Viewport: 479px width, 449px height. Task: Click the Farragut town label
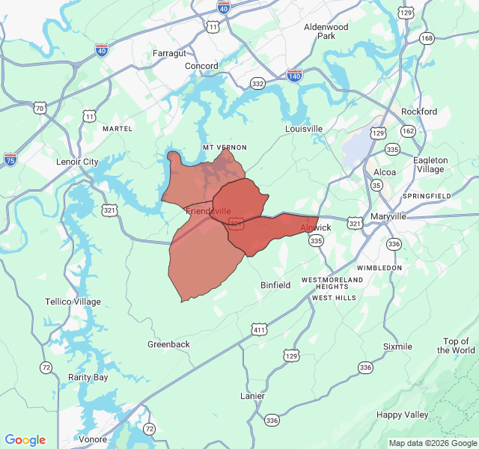tap(168, 53)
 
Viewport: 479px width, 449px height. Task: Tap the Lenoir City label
tap(77, 162)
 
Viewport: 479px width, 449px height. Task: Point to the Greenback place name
tap(168, 344)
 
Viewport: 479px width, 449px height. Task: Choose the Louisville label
tap(304, 129)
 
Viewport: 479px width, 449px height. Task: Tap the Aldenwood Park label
tap(326, 31)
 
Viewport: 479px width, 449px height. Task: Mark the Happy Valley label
tap(403, 415)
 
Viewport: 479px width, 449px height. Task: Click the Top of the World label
tap(459, 346)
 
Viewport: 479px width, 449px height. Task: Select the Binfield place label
tap(275, 285)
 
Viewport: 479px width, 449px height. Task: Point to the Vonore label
tap(93, 439)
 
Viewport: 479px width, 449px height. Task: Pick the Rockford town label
tap(419, 112)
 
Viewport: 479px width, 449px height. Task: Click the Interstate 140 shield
tap(294, 76)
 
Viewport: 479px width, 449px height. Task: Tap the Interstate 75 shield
tap(10, 159)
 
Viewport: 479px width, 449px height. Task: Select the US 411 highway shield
tap(259, 329)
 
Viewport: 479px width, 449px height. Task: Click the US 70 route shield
tap(40, 109)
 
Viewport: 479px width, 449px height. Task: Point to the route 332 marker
tap(258, 84)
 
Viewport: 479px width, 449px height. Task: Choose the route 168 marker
tap(427, 38)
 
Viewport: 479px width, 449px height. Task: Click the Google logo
tap(25, 440)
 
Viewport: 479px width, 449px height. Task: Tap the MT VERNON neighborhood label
tap(225, 147)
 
